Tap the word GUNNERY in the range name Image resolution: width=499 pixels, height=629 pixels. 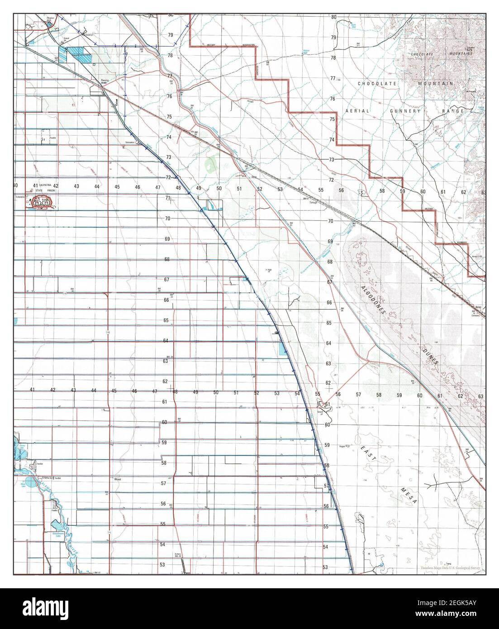tap(406, 111)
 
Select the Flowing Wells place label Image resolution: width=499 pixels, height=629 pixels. tap(104, 82)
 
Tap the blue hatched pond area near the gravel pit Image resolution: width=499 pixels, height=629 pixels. tap(77, 55)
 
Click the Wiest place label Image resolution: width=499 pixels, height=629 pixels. tap(118, 478)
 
